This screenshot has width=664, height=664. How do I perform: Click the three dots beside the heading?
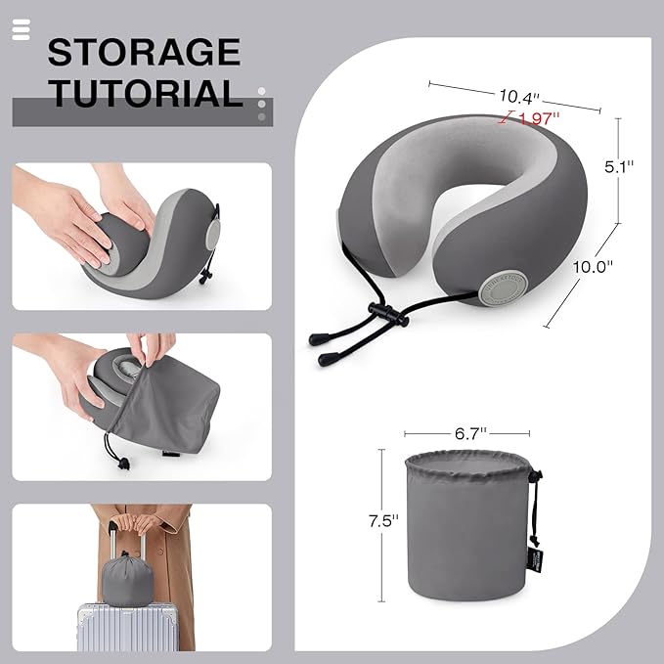tap(261, 104)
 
